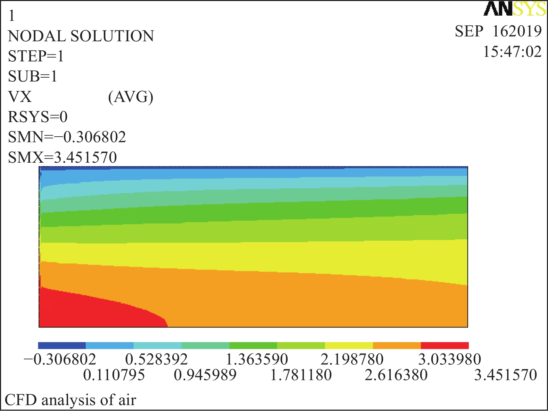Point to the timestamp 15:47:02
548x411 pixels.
tap(512, 52)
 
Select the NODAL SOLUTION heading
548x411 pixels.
tap(81, 36)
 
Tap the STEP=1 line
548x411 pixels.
tap(36, 57)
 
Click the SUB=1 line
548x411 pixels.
tap(33, 77)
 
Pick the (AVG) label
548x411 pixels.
tap(131, 97)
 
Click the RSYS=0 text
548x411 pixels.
tap(38, 117)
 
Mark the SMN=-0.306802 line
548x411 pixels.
tap(67, 137)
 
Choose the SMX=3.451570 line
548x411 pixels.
tap(63, 158)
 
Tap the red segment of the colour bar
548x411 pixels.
tap(445, 345)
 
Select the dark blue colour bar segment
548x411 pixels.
tap(62, 345)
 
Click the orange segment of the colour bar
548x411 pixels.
tap(397, 345)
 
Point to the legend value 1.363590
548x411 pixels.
tap(257, 360)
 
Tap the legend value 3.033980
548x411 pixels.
tap(450, 360)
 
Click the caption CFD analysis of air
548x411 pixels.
tap(70, 400)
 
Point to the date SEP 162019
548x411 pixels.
tap(498, 32)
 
